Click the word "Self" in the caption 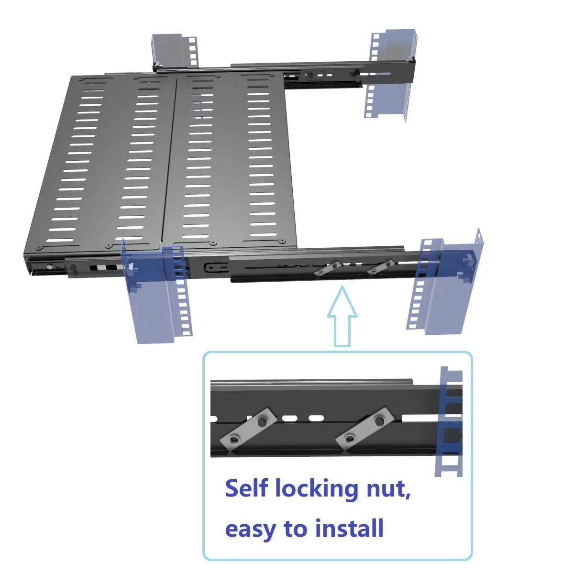click(249, 488)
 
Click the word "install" click(349, 528)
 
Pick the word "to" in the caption click(296, 529)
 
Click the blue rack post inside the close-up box click(450, 421)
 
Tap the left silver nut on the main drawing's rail click(328, 268)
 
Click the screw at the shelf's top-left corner click(83, 78)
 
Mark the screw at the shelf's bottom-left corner click(39, 247)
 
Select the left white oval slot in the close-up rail click(289, 418)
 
